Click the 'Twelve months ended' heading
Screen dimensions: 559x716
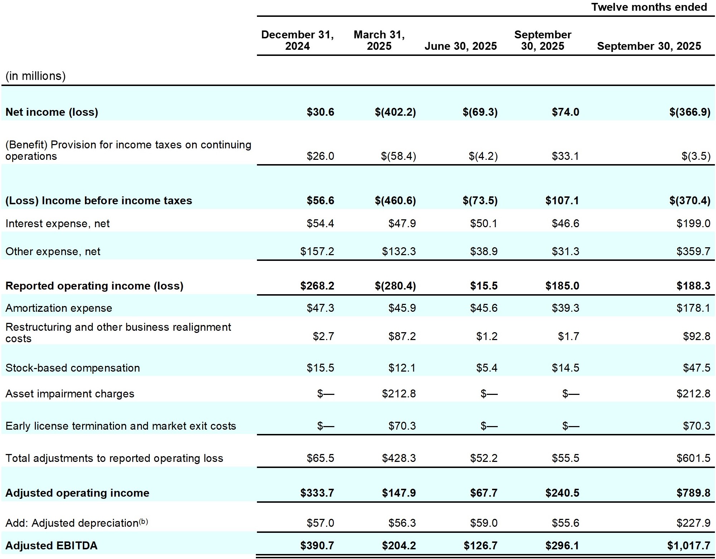click(x=649, y=7)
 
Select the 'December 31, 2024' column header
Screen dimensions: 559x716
click(x=297, y=40)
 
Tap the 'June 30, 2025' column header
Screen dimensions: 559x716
click(x=460, y=46)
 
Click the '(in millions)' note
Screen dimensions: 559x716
click(x=35, y=76)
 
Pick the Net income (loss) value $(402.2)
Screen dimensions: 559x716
click(x=395, y=112)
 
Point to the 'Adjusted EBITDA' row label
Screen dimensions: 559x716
click(x=51, y=545)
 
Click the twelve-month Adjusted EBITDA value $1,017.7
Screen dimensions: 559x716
click(x=688, y=545)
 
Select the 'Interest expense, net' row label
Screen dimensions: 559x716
click(x=57, y=224)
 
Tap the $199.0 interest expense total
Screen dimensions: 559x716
click(x=693, y=224)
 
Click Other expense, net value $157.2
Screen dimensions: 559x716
click(x=317, y=251)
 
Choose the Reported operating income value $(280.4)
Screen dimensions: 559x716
click(x=395, y=286)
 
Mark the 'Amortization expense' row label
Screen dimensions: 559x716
click(x=59, y=308)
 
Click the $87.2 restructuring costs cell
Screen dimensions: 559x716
click(x=402, y=336)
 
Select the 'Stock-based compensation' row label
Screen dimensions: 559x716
click(x=72, y=368)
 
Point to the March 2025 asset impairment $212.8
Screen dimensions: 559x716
click(x=398, y=394)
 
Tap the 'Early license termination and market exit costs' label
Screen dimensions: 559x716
click(x=121, y=426)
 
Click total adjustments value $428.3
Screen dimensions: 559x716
click(x=398, y=458)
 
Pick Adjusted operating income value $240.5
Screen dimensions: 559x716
click(x=562, y=493)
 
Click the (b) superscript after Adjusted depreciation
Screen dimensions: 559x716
click(x=143, y=521)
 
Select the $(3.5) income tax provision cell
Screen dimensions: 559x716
click(x=696, y=156)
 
